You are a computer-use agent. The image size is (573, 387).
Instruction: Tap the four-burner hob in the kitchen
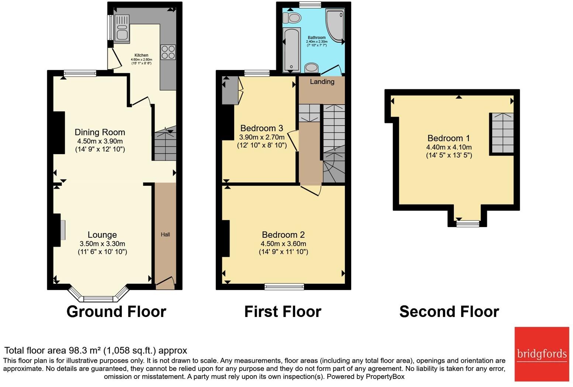[x=168, y=52]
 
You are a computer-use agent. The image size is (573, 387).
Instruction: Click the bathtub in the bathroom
[x=292, y=50]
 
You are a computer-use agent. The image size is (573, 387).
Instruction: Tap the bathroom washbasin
[x=312, y=67]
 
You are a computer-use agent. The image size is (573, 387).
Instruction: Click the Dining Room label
[x=100, y=132]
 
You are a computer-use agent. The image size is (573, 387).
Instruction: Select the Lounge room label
[x=102, y=235]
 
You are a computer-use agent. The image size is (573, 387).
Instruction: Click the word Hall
[x=165, y=234]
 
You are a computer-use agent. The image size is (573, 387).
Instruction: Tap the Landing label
[x=322, y=82]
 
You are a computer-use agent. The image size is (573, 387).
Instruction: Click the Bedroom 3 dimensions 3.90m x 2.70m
[x=262, y=137]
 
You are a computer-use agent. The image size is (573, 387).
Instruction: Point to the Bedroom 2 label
[x=283, y=235]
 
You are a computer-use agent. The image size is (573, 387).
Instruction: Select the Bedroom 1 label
[x=448, y=138]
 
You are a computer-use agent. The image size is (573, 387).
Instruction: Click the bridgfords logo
[x=542, y=354]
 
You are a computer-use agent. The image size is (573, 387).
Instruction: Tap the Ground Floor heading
[x=116, y=312]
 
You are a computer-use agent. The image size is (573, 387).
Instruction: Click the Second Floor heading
[x=449, y=312]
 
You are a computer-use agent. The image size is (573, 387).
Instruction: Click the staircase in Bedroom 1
[x=502, y=133]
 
